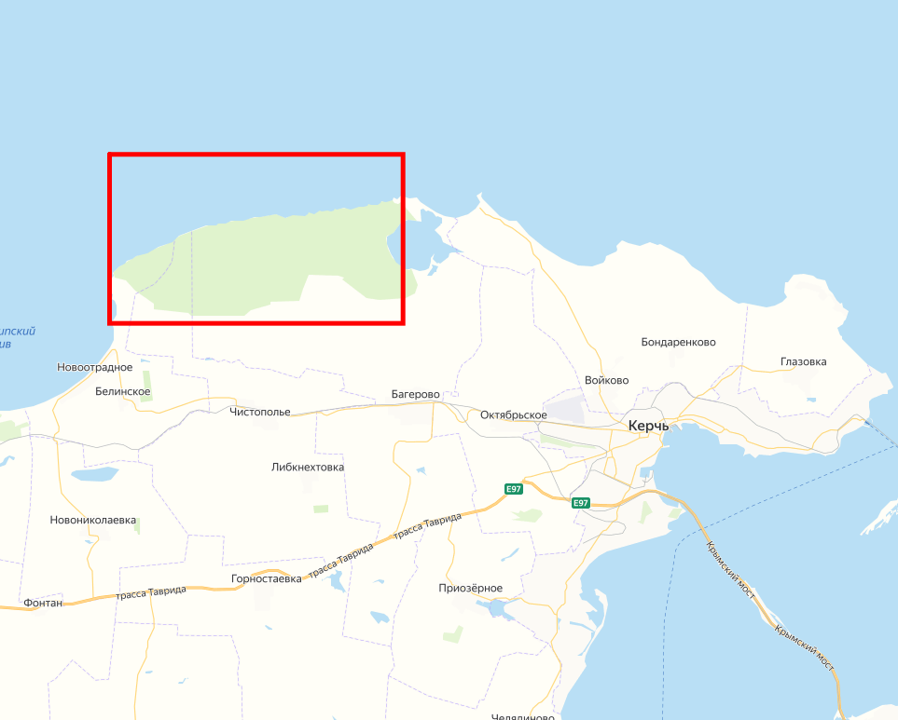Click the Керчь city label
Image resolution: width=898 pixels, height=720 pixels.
pyautogui.click(x=649, y=426)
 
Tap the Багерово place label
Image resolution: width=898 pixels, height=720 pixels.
pyautogui.click(x=415, y=395)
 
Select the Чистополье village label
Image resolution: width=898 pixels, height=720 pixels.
pyautogui.click(x=260, y=412)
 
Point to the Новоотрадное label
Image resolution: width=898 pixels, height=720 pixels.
pyautogui.click(x=95, y=368)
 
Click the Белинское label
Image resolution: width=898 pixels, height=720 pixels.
pyautogui.click(x=123, y=392)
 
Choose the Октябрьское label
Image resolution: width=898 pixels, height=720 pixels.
pyautogui.click(x=514, y=414)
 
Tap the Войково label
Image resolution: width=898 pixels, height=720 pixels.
pyautogui.click(x=607, y=381)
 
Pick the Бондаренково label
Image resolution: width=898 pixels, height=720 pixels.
pyautogui.click(x=679, y=342)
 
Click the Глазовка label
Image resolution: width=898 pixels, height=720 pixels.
pyautogui.click(x=803, y=361)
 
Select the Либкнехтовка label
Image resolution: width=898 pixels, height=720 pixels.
pyautogui.click(x=308, y=468)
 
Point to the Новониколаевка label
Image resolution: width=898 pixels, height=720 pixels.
pyautogui.click(x=93, y=520)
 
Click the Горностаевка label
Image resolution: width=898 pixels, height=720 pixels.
pyautogui.click(x=267, y=578)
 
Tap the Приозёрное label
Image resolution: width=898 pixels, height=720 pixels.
pyautogui.click(x=471, y=588)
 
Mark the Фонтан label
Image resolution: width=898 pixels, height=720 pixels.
pyautogui.click(x=45, y=603)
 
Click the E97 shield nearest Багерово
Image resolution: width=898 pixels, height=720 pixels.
pyautogui.click(x=514, y=489)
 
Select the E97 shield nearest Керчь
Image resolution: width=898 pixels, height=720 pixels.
pyautogui.click(x=581, y=503)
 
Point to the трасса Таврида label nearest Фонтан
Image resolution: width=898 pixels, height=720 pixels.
pyautogui.click(x=151, y=592)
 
